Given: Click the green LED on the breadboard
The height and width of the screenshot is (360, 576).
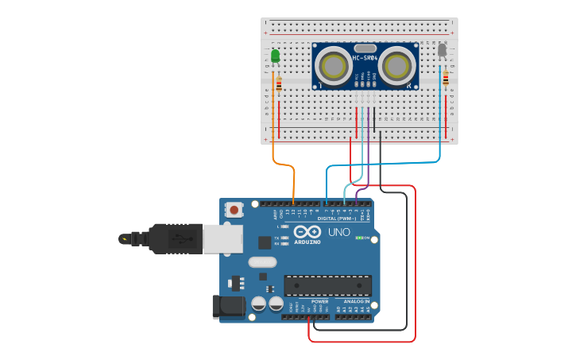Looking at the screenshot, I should tap(275, 56).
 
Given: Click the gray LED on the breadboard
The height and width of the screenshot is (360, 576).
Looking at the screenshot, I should tap(442, 50).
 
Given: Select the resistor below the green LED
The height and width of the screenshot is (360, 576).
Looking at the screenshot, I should tap(278, 82).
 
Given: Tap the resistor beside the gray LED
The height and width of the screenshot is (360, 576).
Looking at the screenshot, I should tap(446, 79).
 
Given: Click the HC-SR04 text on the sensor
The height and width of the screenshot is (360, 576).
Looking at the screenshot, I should tap(365, 57).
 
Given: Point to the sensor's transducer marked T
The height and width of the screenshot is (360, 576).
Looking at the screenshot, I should tap(332, 65).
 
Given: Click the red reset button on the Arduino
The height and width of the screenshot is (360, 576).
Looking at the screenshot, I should tap(234, 210).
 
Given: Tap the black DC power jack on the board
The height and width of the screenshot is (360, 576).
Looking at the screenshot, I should tap(228, 307).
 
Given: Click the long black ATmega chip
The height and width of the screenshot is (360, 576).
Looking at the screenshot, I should tap(327, 285).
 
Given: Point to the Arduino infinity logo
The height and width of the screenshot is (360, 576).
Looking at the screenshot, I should tap(307, 231).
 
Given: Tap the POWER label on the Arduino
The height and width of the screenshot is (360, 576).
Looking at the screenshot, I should tap(319, 301).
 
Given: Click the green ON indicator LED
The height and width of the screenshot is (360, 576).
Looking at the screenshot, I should tap(359, 238).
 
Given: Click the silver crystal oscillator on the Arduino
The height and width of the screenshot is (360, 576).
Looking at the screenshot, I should tap(262, 261).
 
